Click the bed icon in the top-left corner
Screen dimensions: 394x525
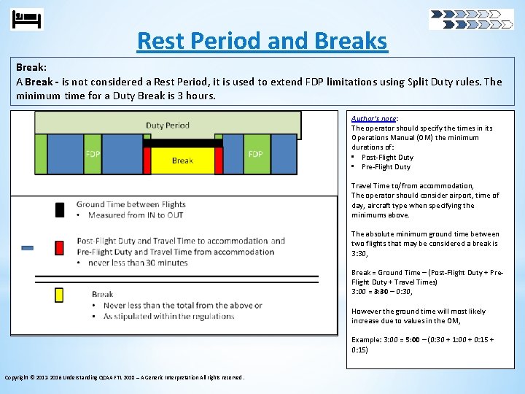click(x=28, y=19)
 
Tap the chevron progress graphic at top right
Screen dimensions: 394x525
click(x=470, y=19)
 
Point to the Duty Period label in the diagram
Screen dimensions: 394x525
click(x=167, y=125)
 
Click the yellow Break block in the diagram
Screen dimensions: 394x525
click(x=182, y=160)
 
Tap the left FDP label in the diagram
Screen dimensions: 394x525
click(x=93, y=154)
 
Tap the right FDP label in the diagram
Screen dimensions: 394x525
click(x=255, y=154)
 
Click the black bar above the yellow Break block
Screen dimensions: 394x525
click(x=182, y=143)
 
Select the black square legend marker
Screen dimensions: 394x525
click(x=60, y=210)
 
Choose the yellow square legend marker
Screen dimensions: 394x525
click(x=60, y=295)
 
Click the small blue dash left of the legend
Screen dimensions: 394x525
click(x=27, y=248)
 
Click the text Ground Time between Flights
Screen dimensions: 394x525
click(x=131, y=204)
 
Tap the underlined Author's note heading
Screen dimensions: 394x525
click(x=374, y=118)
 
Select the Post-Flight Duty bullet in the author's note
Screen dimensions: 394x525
click(x=386, y=157)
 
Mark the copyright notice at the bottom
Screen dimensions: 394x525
click(x=125, y=377)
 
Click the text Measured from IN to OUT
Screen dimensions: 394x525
click(x=136, y=215)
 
